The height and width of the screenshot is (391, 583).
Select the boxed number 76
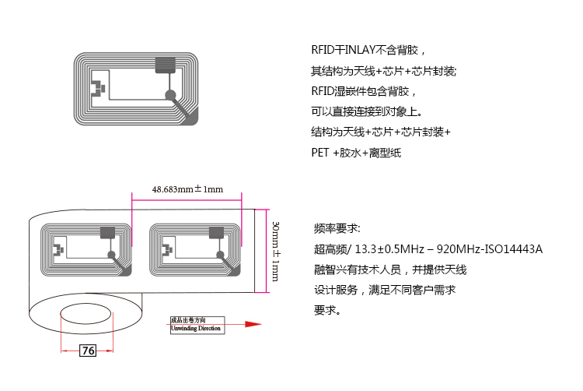click(x=89, y=351)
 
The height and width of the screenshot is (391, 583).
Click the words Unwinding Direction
click(x=196, y=329)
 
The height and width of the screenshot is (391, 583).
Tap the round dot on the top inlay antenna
click(x=169, y=94)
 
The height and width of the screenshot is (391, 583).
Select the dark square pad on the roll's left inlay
click(x=107, y=232)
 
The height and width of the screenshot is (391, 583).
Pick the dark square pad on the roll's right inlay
click(x=218, y=232)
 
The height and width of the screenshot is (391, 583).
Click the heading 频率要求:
click(x=337, y=229)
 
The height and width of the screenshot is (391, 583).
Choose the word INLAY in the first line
click(x=358, y=51)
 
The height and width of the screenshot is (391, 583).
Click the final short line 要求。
click(x=327, y=310)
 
